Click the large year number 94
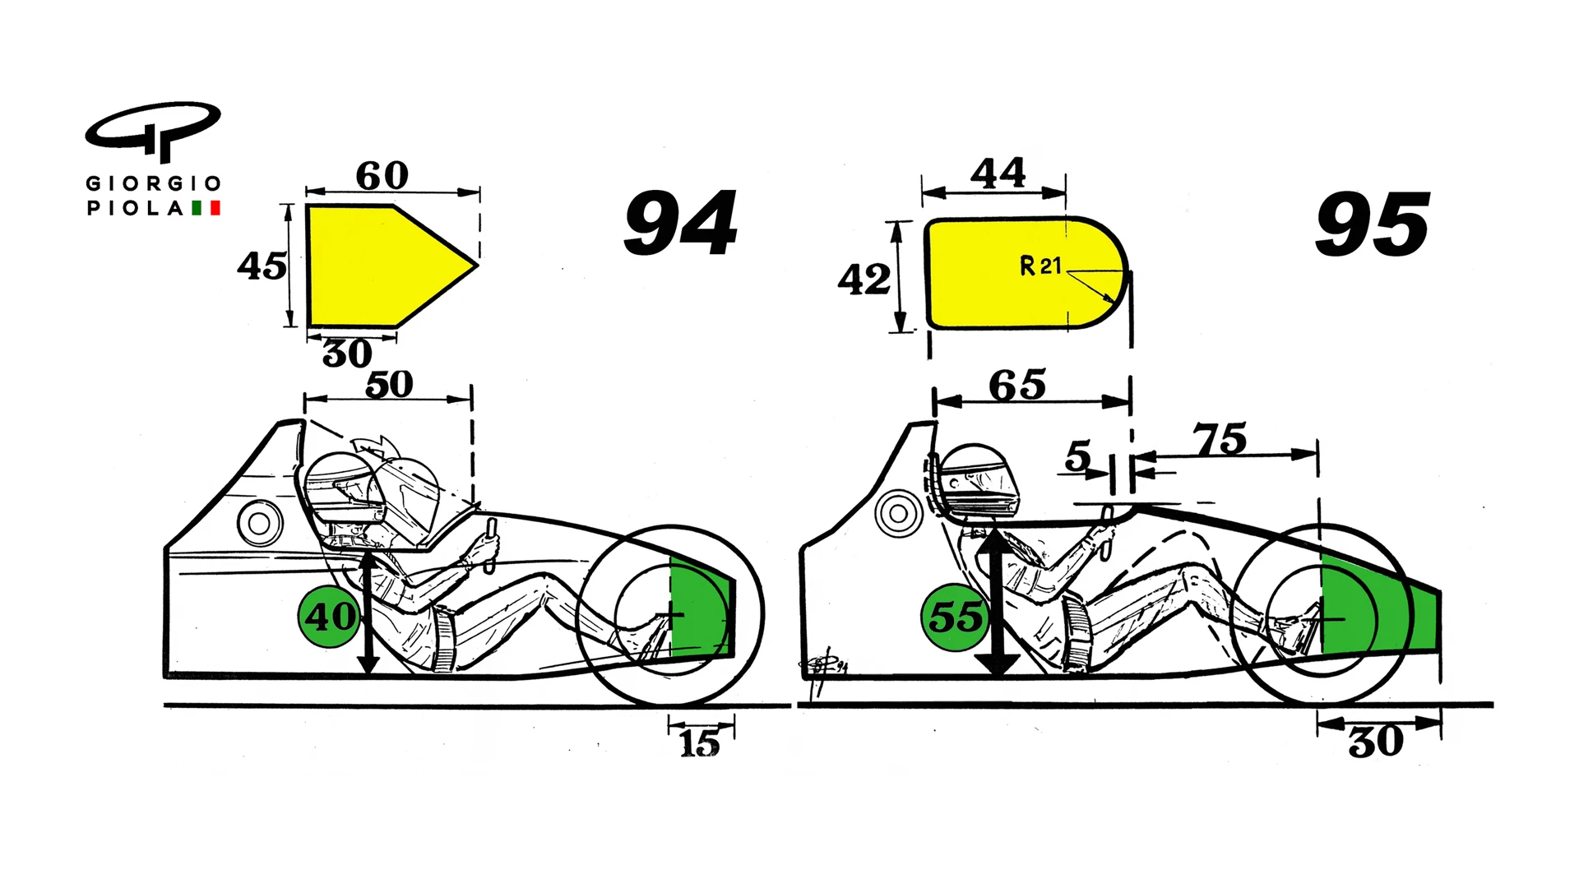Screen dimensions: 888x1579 pyautogui.click(x=681, y=223)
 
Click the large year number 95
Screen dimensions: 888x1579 pyautogui.click(x=1373, y=224)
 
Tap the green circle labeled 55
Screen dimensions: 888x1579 pyautogui.click(x=954, y=616)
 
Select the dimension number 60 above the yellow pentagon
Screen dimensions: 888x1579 pyautogui.click(x=382, y=175)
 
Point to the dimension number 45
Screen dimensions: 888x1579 pyautogui.click(x=262, y=266)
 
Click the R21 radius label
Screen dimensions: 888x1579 pyautogui.click(x=1041, y=266)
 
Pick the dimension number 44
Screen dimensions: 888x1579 pyautogui.click(x=998, y=173)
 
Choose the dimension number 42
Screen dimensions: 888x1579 pyautogui.click(x=864, y=280)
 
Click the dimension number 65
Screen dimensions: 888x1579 pyautogui.click(x=1017, y=385)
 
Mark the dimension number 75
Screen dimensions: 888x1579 pyautogui.click(x=1221, y=439)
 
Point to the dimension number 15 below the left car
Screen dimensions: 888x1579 pyautogui.click(x=699, y=743)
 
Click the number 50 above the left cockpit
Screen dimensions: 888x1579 pyautogui.click(x=389, y=384)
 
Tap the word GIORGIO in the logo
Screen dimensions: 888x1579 pyautogui.click(x=154, y=183)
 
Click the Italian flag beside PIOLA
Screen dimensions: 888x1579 pyautogui.click(x=206, y=208)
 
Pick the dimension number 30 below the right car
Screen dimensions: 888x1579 pyautogui.click(x=1376, y=742)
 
